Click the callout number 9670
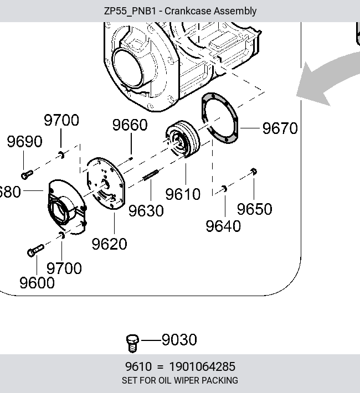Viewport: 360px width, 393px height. [280, 128]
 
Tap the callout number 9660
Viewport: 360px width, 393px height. [130, 125]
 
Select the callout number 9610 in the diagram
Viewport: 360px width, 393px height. [183, 194]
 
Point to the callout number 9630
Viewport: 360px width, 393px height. [146, 210]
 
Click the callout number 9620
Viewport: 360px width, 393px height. [109, 244]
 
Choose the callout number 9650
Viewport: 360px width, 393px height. [254, 209]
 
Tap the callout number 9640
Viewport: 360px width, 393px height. [223, 226]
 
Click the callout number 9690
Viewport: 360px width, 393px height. [24, 141]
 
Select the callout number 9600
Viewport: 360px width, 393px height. [37, 283]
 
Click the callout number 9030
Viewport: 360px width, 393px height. [179, 340]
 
